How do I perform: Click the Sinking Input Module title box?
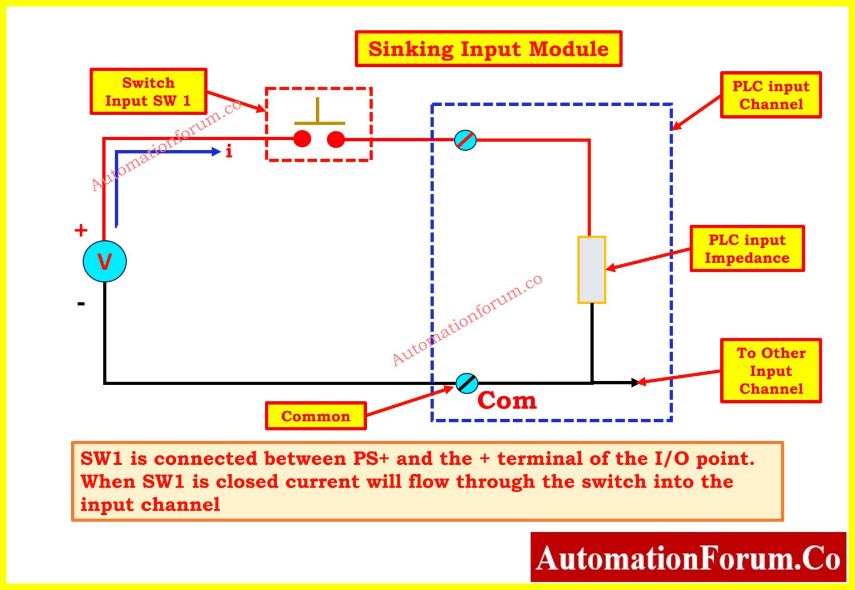coord(488,49)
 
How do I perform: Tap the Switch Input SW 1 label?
coord(148,92)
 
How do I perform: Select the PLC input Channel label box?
coord(770,95)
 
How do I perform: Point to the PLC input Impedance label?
coord(746,249)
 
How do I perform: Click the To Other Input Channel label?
coord(770,371)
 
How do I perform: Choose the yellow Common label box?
coord(316,416)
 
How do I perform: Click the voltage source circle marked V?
coord(105,262)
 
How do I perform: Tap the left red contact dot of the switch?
coord(302,139)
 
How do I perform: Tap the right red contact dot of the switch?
coord(336,139)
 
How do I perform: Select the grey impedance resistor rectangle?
coord(591,270)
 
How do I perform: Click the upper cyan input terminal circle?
coord(465,140)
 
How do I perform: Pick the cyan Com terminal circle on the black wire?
coord(466,383)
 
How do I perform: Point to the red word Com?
coord(507,401)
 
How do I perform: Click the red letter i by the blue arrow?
coord(229,151)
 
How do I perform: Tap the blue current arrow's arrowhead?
coord(216,151)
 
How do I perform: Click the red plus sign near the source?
coord(81,230)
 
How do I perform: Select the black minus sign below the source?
coord(81,304)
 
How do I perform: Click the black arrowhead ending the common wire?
coord(635,382)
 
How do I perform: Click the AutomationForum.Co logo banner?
coord(687,558)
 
